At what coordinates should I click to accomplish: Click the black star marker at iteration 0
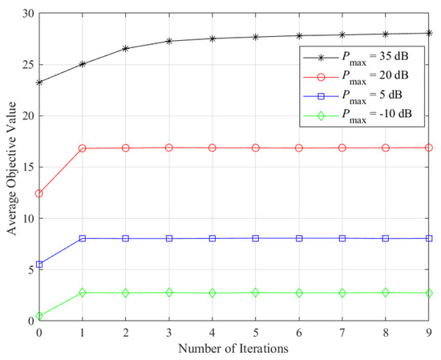38,82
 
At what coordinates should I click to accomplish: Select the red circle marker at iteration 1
82,148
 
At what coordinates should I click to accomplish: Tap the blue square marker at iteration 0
38,264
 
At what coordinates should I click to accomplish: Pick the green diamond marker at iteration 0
38,316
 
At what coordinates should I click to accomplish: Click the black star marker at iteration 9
430,33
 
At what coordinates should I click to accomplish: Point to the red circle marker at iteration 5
256,148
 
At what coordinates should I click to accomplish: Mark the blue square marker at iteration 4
212,238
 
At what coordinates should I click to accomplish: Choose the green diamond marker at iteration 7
342,293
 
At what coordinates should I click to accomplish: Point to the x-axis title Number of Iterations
234,349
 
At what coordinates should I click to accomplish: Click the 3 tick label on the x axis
169,332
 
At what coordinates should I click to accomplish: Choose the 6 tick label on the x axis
299,332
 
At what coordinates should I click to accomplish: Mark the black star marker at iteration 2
126,48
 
